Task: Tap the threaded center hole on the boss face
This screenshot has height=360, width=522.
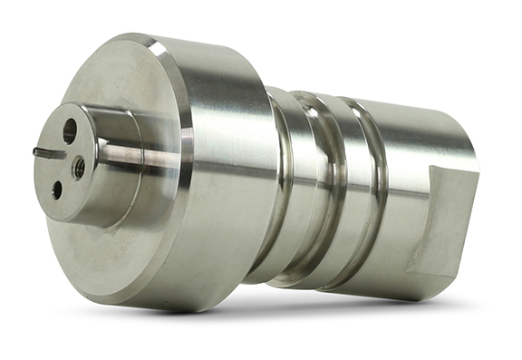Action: point(78,167)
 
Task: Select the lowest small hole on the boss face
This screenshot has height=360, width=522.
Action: point(57,190)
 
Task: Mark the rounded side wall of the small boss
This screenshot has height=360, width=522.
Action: point(118,195)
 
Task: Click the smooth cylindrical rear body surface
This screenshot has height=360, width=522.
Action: point(417,163)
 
